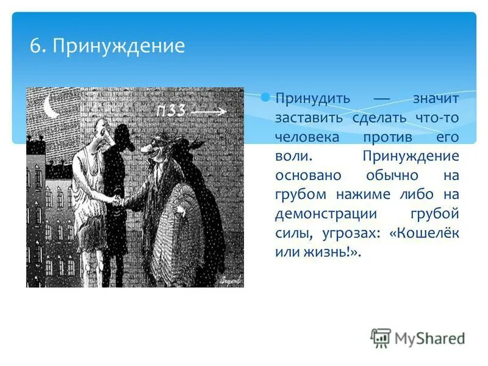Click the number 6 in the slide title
point(36,46)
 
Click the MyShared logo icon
point(381,337)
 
